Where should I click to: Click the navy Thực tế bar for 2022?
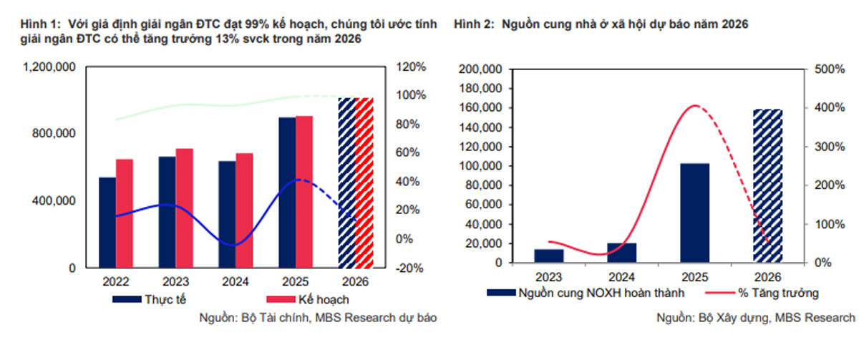pos(107,223)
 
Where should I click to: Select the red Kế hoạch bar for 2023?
pos(185,208)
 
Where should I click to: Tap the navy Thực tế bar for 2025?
pos(287,193)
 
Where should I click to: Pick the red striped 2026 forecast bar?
pos(364,183)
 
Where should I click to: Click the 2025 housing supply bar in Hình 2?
pos(695,213)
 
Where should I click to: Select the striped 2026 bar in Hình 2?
pos(767,186)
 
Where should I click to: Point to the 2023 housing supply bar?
pos(549,256)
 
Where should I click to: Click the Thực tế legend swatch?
pos(127,299)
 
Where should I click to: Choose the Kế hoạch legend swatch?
pos(281,299)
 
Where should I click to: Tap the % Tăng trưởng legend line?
pos(720,293)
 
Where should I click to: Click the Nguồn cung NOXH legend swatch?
pos(501,293)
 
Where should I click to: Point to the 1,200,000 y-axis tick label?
pos(49,67)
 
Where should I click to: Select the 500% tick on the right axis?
pos(830,69)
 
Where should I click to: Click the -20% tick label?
pos(409,268)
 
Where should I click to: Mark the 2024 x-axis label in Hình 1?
pos(236,282)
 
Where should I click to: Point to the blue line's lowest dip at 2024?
pos(233,245)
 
